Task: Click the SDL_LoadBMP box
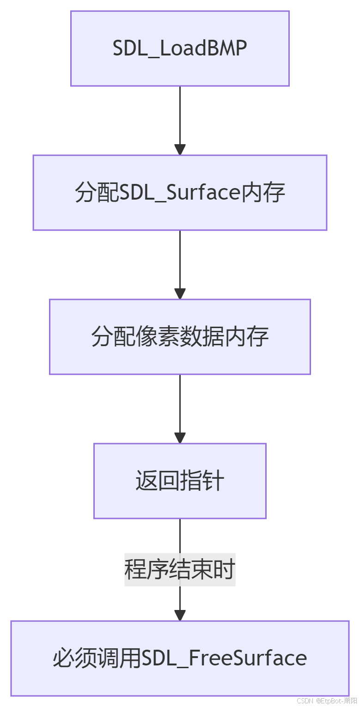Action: click(x=180, y=49)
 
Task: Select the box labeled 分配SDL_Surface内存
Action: click(x=180, y=193)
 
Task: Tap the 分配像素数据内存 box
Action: click(x=180, y=337)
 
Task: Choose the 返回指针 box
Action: click(x=180, y=481)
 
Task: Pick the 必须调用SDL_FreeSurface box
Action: click(x=180, y=658)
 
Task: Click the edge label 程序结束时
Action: click(x=180, y=570)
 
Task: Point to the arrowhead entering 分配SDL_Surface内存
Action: click(x=180, y=150)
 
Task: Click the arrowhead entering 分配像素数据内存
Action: click(x=180, y=294)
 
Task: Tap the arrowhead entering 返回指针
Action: click(x=180, y=438)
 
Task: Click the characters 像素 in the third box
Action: click(x=146, y=337)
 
